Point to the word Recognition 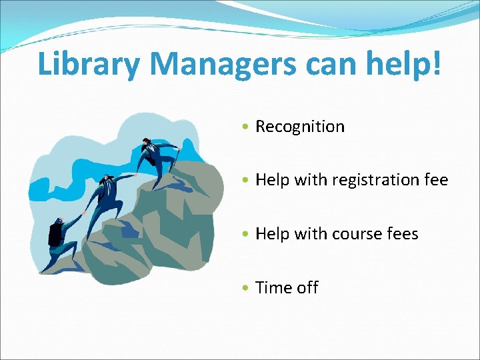[300, 126]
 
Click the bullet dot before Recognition [247, 127]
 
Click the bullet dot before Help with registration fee [247, 181]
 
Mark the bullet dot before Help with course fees [247, 235]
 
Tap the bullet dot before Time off [247, 288]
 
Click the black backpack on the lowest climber [55, 234]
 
